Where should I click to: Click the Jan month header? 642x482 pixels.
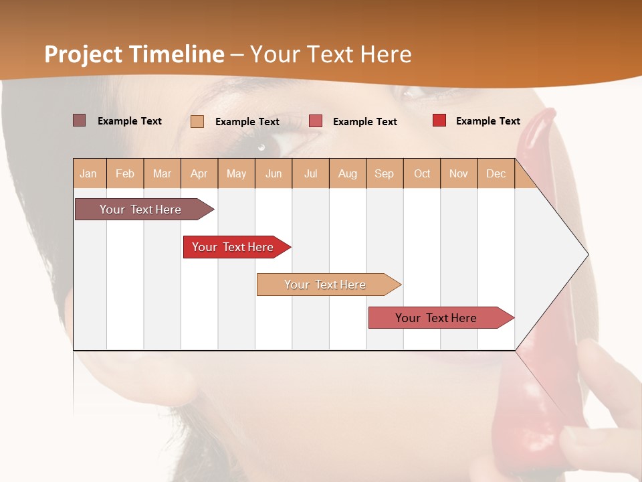(89, 173)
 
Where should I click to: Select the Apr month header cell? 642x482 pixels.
(199, 173)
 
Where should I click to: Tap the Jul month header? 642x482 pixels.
(310, 173)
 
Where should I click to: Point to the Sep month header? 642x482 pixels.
(384, 173)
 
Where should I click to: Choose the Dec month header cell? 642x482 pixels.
(496, 173)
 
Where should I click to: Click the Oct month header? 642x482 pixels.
(421, 173)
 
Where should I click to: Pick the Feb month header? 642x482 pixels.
(125, 173)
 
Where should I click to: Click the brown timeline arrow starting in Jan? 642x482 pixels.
(140, 210)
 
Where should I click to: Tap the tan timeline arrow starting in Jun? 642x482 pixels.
(325, 285)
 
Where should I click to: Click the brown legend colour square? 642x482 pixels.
(79, 120)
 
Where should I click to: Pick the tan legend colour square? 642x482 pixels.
(197, 121)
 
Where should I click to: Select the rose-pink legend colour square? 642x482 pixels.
(316, 121)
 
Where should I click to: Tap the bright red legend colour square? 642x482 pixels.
(439, 120)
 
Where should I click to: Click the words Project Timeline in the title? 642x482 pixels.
(134, 54)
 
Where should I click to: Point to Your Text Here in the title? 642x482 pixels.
(331, 54)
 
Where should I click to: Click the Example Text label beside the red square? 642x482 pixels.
(488, 120)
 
